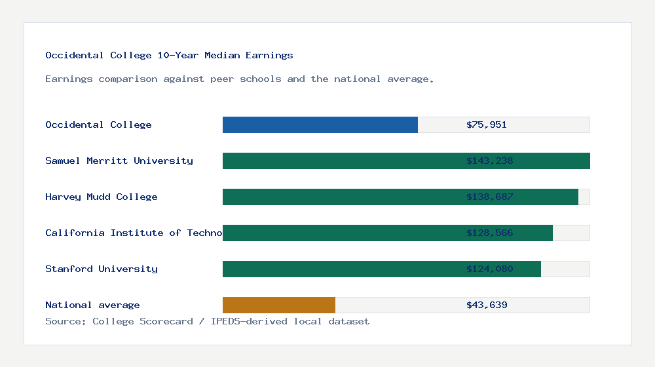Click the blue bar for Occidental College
(320, 125)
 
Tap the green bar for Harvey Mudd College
(341, 197)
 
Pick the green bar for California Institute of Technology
(341, 233)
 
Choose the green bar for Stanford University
(341, 269)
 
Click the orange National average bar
(279, 305)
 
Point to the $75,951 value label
(487, 125)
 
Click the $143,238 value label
(490, 161)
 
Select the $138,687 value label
(490, 197)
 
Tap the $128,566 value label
(490, 233)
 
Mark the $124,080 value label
(490, 269)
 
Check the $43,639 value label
(487, 305)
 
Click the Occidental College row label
(98, 125)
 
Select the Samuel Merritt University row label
(119, 161)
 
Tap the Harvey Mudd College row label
(102, 197)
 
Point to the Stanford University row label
(102, 269)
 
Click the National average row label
(92, 305)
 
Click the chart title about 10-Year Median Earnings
(169, 55)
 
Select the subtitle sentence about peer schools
(240, 79)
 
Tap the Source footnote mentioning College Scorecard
(207, 321)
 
